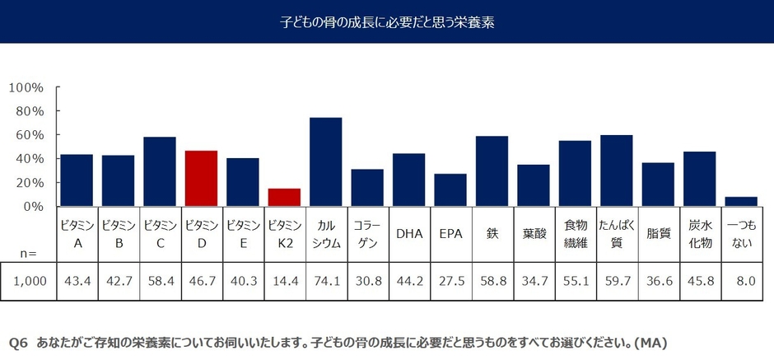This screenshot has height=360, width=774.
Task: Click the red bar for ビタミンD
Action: coord(201,178)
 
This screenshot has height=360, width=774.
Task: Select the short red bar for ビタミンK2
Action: coord(284,197)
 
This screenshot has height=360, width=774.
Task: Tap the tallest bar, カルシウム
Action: coord(325,161)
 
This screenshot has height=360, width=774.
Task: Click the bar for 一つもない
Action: coord(741,201)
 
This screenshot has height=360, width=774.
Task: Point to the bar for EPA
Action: coord(450,189)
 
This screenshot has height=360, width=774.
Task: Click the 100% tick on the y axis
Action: coord(26,87)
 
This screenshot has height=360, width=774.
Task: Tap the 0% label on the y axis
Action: coord(33,207)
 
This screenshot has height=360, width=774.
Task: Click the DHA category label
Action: coord(408,233)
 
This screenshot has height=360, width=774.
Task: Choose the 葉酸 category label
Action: coord(534,233)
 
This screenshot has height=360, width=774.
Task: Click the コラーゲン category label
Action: coord(366,233)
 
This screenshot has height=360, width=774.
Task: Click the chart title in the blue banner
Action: coord(386,21)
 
